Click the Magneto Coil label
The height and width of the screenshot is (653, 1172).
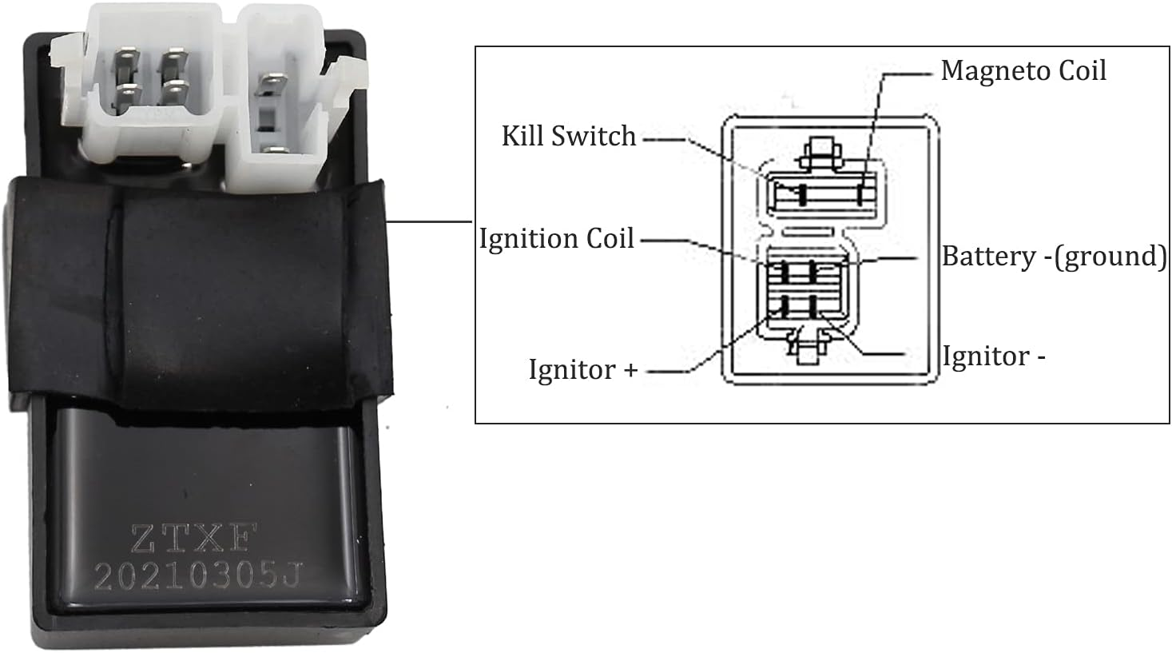[x=1023, y=70]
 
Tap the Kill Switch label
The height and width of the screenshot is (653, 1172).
[x=568, y=136]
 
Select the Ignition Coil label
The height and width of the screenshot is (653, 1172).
[x=556, y=238]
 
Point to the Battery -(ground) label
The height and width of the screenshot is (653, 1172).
[x=1054, y=256]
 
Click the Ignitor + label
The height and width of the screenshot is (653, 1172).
[x=582, y=369]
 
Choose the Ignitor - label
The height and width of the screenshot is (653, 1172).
[x=993, y=356]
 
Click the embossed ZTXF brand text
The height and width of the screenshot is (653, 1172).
[x=191, y=540]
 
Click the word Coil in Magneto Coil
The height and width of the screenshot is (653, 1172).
[x=1082, y=70]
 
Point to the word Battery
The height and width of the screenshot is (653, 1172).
[x=988, y=257]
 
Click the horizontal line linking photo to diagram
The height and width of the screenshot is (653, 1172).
[x=430, y=221]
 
